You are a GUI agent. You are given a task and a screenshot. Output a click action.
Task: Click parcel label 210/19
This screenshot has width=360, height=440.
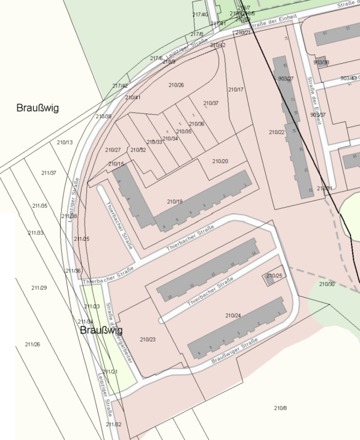point(174,201)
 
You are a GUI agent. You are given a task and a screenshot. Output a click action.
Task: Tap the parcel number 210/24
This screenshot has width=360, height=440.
point(233,315)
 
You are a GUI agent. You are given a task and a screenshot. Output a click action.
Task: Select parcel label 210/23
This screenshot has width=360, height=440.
point(148,340)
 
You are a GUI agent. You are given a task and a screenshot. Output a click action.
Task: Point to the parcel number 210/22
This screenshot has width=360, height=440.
point(277,132)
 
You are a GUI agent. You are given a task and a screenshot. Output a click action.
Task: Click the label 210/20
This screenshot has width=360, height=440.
point(220,161)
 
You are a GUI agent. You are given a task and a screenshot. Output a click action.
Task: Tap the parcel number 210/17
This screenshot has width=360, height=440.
point(236,89)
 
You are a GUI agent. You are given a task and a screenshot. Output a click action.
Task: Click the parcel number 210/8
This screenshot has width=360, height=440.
point(280,408)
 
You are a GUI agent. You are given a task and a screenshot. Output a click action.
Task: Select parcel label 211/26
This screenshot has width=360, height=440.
point(32,344)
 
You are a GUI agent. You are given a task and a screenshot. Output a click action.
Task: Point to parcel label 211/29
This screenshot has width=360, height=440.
point(39,288)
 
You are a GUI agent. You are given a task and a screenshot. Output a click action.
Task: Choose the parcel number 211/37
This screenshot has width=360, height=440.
point(49,173)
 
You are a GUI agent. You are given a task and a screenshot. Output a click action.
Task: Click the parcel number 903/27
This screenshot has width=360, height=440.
point(286,79)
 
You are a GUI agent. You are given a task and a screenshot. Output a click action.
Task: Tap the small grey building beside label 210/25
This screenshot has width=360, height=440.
point(271,278)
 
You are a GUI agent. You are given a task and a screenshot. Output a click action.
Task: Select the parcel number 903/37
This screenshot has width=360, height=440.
point(318,115)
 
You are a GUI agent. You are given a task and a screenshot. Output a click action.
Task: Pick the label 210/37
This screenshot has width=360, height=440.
point(211,103)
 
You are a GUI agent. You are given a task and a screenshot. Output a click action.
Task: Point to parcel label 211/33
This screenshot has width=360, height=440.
point(35,233)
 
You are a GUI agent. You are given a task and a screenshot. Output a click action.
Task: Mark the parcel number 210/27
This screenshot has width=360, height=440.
point(113,149)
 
